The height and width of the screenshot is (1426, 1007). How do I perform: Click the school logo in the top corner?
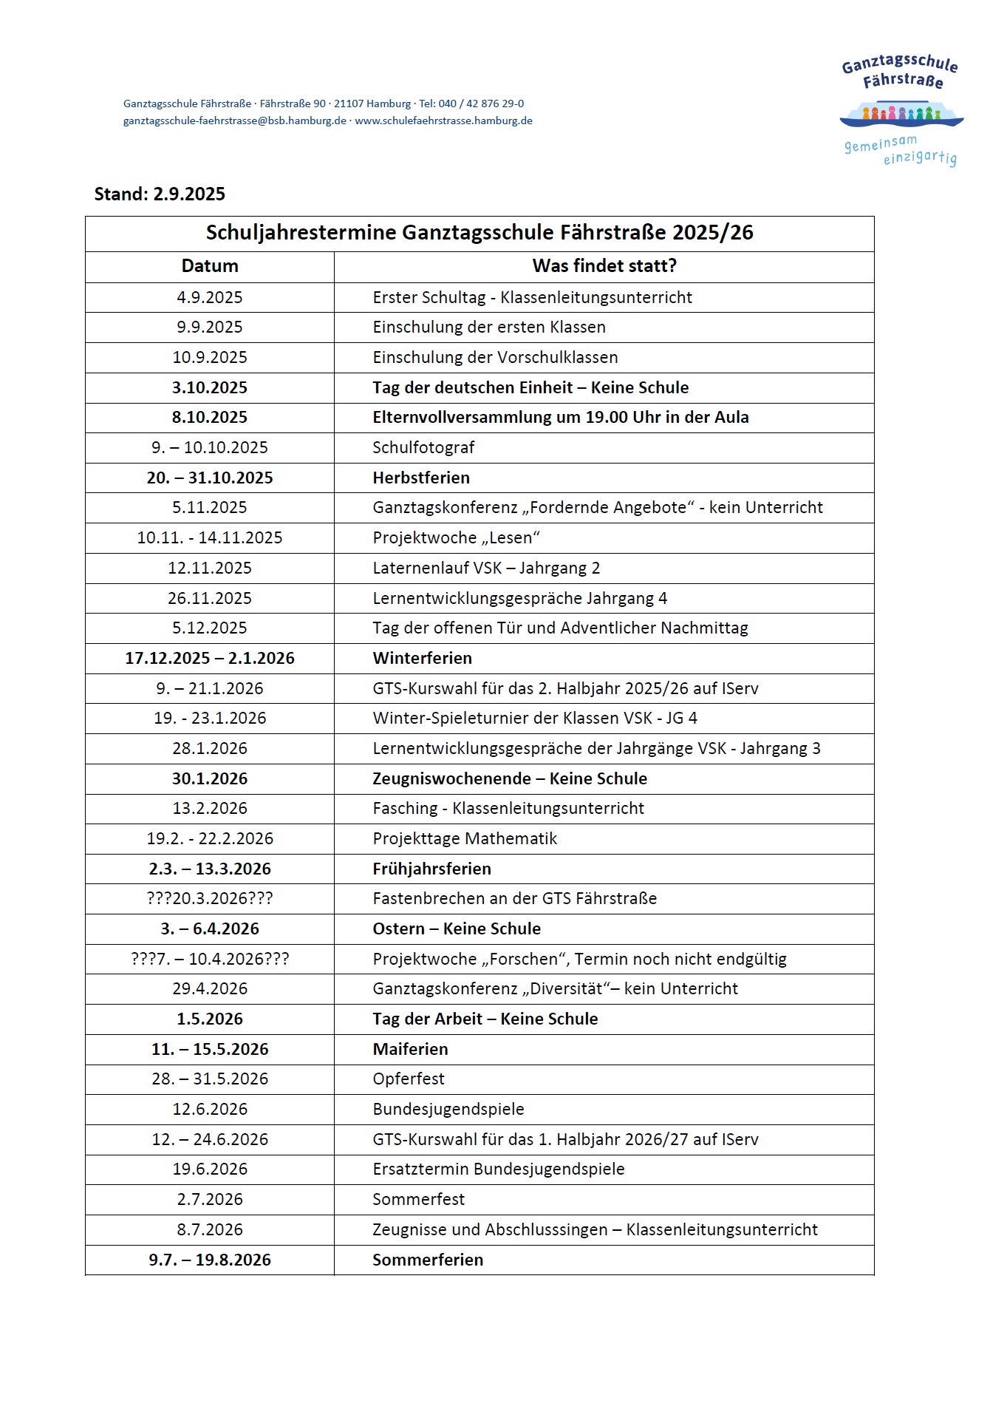[901, 111]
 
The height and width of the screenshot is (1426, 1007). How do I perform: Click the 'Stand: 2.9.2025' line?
[160, 194]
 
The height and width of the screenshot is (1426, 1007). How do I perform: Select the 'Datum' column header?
[210, 266]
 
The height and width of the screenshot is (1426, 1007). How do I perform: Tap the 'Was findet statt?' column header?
[604, 266]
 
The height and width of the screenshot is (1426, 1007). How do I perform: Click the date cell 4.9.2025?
[210, 298]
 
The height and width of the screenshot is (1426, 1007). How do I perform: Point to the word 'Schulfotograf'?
[423, 448]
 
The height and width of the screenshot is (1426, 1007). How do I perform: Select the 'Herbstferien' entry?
[421, 478]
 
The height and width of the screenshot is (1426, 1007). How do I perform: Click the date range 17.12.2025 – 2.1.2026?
[210, 659]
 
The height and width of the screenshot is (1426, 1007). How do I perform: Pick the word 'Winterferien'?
[422, 659]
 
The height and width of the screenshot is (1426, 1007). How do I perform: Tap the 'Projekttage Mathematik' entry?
[465, 839]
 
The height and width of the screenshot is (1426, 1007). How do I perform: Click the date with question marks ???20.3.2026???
[210, 899]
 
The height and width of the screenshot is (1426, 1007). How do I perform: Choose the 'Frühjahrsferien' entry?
[431, 869]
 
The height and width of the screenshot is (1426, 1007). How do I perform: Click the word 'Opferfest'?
[409, 1079]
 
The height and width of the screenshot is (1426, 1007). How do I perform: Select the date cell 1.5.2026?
[210, 1019]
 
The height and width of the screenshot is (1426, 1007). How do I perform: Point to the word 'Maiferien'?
[410, 1050]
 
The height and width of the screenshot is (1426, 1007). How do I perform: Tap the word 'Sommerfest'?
[418, 1200]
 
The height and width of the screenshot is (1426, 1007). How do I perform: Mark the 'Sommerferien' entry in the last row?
[428, 1260]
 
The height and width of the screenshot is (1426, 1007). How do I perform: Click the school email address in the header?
[235, 121]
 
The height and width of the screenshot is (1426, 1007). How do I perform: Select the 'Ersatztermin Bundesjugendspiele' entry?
[499, 1169]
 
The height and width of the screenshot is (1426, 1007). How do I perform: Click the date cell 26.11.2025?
[210, 599]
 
